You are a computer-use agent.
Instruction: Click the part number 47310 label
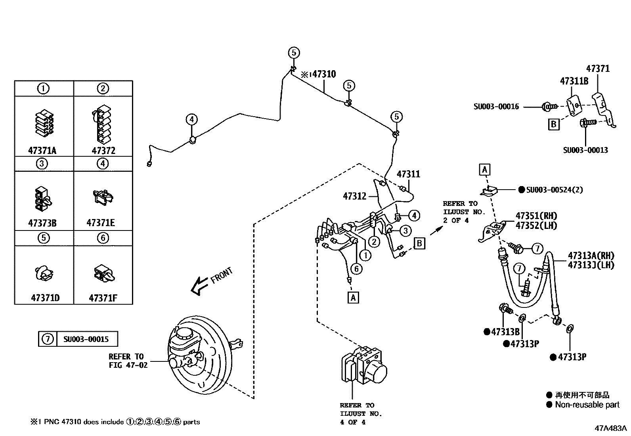coord(323,74)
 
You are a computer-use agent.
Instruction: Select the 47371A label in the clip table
coord(42,151)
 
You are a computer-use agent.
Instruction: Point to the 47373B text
coord(42,223)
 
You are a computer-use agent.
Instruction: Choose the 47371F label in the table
coord(103,298)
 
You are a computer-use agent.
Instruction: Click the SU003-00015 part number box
coord(86,339)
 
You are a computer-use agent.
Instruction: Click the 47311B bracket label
coord(574,81)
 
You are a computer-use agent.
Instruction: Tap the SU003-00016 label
coord(496,106)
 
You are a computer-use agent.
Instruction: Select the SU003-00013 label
coord(585,150)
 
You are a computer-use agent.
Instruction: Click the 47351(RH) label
coord(536,216)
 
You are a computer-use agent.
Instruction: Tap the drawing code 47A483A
coord(610,428)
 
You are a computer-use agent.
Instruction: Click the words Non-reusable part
coord(587,405)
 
